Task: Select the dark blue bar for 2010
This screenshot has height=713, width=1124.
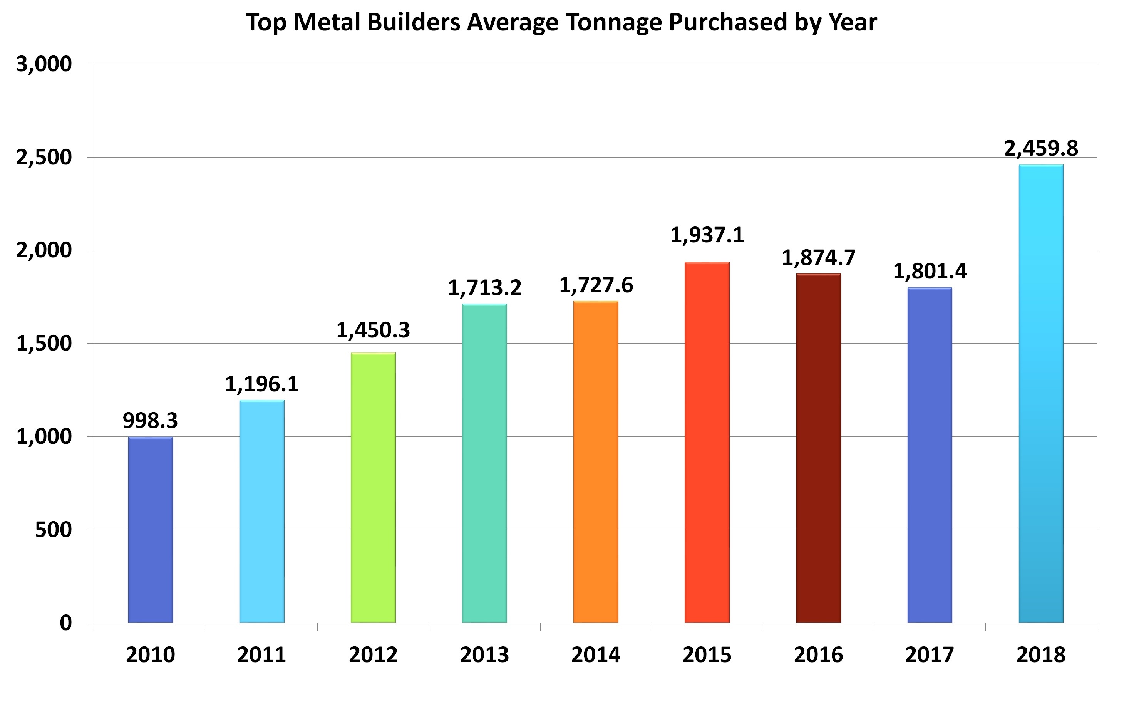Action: [x=150, y=530]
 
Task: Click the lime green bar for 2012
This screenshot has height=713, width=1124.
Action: [x=373, y=488]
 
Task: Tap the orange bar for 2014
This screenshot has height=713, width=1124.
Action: [x=596, y=462]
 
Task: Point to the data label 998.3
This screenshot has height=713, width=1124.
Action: [x=150, y=421]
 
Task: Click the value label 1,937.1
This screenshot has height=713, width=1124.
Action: [x=707, y=235]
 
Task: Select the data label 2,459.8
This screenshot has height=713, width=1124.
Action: [x=1041, y=148]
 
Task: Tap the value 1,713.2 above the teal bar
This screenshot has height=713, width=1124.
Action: [x=484, y=288]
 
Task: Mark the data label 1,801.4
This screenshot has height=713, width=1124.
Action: [x=930, y=271]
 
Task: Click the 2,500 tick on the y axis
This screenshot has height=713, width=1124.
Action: [x=44, y=158]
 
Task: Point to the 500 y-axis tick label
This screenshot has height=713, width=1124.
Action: [x=53, y=530]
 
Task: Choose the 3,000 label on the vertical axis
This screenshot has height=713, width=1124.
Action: [x=44, y=64]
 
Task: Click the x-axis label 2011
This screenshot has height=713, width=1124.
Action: [x=261, y=654]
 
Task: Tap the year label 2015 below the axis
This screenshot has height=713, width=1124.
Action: [x=707, y=654]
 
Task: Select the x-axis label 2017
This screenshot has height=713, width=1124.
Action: [x=930, y=654]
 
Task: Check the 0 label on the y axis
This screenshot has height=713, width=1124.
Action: [x=66, y=622]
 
